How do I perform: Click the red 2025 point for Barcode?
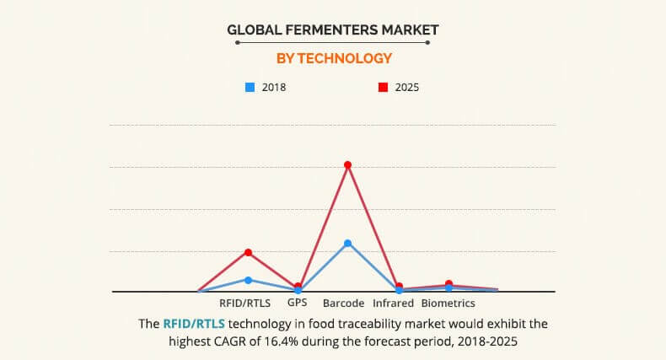[347, 164]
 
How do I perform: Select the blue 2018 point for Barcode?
[347, 243]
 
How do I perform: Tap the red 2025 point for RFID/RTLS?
[248, 252]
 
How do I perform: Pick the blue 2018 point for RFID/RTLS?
[248, 279]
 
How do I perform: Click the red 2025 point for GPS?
[298, 286]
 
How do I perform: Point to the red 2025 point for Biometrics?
[448, 284]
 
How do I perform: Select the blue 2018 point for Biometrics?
[448, 288]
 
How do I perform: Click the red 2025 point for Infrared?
[399, 287]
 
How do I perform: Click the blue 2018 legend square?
[250, 86]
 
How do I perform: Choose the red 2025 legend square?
[382, 86]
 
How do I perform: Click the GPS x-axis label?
[297, 303]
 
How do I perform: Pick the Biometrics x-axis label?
[448, 303]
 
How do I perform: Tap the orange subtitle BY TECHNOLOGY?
[334, 58]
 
